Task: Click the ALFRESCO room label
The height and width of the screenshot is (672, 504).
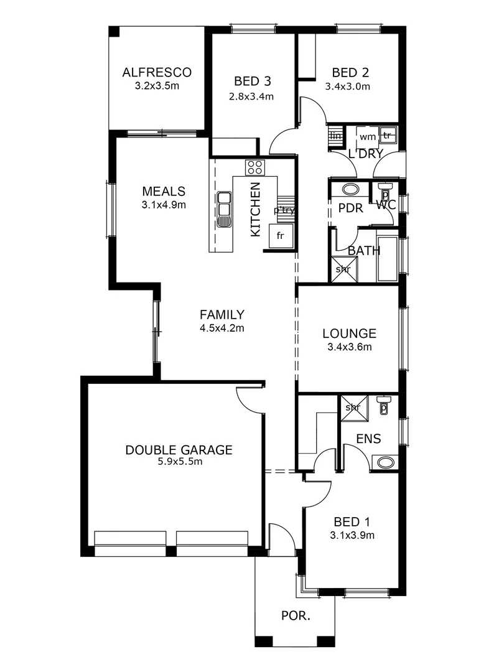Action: (x=157, y=72)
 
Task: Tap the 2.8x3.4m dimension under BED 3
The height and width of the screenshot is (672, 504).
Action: (x=252, y=96)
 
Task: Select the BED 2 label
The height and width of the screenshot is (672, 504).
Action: (x=347, y=72)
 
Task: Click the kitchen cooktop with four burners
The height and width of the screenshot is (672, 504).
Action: (x=255, y=167)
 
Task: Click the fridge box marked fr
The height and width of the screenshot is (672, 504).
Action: (x=280, y=236)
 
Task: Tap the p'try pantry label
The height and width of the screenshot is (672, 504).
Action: (x=284, y=210)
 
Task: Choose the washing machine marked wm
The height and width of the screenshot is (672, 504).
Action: (x=367, y=136)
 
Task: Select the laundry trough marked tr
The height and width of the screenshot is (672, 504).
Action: (x=387, y=135)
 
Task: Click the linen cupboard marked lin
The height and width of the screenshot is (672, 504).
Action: (x=336, y=136)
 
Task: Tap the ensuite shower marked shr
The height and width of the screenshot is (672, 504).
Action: (x=353, y=407)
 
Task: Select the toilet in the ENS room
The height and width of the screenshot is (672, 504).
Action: (x=384, y=406)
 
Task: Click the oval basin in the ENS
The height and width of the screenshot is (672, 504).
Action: (x=386, y=462)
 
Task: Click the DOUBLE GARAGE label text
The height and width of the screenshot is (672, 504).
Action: (x=179, y=449)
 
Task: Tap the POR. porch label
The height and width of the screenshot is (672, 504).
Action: (x=296, y=616)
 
